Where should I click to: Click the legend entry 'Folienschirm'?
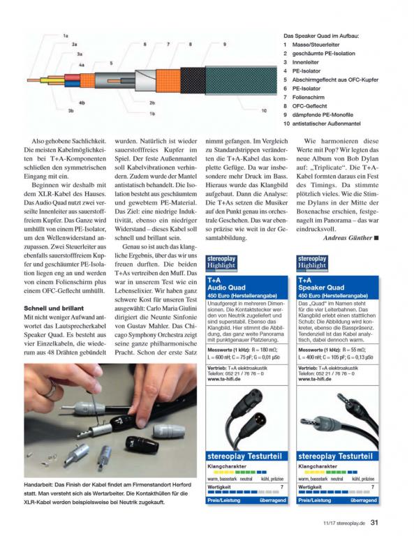pyautogui.click(x=308, y=97)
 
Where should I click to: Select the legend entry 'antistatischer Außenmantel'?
pyautogui.click(x=326, y=124)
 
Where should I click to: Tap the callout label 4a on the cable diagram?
pyautogui.click(x=82, y=65)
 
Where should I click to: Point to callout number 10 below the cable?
pyautogui.click(x=264, y=110)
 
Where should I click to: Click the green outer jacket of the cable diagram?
pyautogui.click(x=241, y=80)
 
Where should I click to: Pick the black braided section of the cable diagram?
pyautogui.click(x=193, y=80)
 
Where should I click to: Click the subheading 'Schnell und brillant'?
pyautogui.click(x=54, y=308)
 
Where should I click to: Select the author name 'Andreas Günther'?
pyautogui.click(x=348, y=237)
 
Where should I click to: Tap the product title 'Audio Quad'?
pyautogui.click(x=226, y=288)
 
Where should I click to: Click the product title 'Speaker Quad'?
pyautogui.click(x=321, y=288)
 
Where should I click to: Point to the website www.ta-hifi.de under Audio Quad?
pyautogui.click(x=224, y=379)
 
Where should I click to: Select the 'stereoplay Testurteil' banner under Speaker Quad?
pyautogui.click(x=335, y=456)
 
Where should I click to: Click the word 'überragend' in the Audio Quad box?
pyautogui.click(x=272, y=500)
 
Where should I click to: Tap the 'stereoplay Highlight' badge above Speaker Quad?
pyautogui.click(x=312, y=263)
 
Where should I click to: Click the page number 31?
pyautogui.click(x=374, y=522)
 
